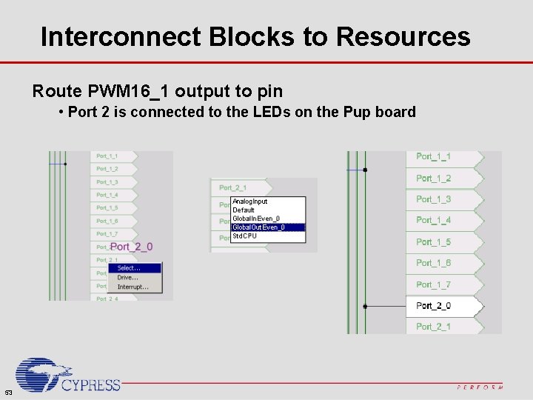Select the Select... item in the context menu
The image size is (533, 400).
click(130, 268)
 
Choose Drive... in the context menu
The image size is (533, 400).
click(128, 278)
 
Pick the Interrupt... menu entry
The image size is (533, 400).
click(133, 287)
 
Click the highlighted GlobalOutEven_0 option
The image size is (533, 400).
click(258, 227)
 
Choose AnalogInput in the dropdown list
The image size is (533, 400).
click(250, 201)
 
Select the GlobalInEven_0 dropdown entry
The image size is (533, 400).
click(256, 219)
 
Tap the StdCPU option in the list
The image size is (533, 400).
click(245, 236)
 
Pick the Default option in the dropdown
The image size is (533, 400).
click(244, 210)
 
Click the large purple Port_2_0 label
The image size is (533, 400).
click(132, 247)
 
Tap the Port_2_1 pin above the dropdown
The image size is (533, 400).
click(234, 188)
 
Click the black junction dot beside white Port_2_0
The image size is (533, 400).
click(365, 306)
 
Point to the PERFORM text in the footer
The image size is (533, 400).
click(480, 387)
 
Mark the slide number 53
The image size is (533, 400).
click(7, 392)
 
